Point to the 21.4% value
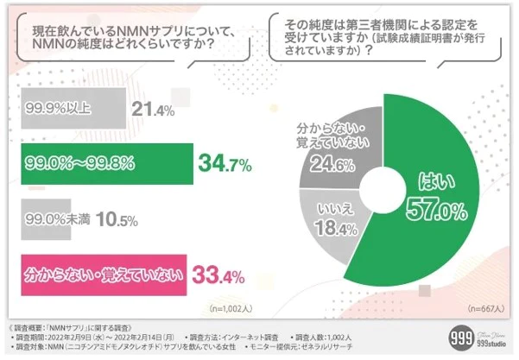[155, 110]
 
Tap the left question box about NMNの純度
[134, 38]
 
